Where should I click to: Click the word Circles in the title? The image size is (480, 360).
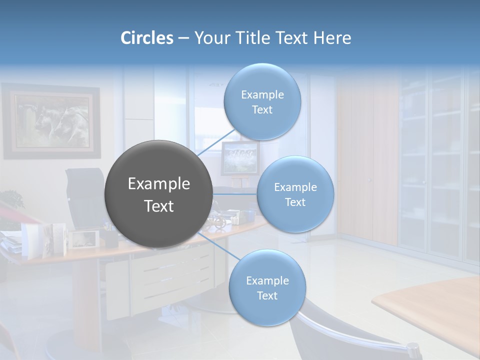[146, 38]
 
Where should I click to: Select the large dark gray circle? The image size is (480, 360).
[158, 194]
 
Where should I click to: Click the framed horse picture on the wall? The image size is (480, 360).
[51, 121]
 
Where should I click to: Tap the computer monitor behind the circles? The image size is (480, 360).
[240, 158]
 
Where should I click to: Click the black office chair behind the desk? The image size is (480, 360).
[85, 195]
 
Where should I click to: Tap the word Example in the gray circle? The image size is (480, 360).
[158, 183]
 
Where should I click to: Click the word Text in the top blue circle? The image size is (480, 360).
[262, 109]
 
